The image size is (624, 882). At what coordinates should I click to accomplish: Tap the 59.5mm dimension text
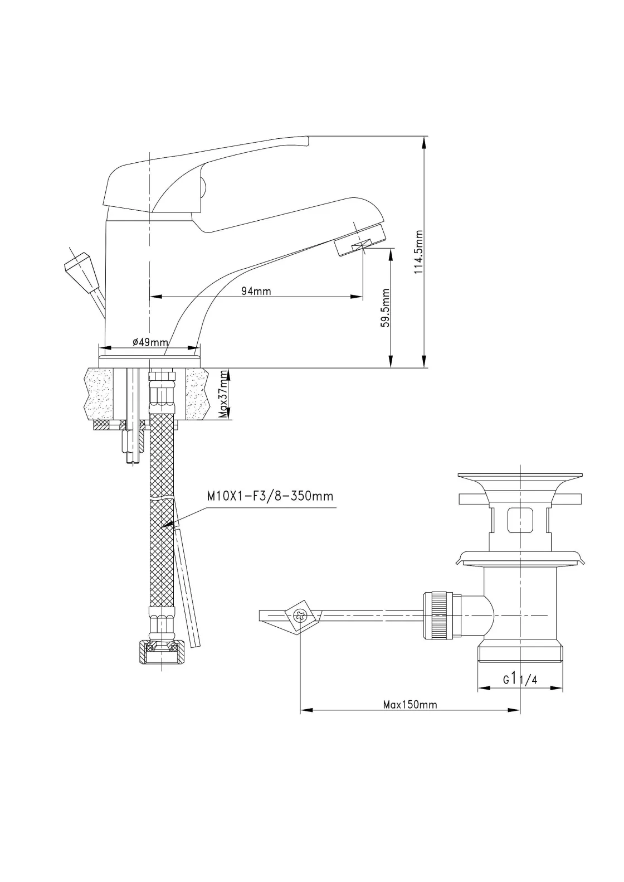[x=385, y=308]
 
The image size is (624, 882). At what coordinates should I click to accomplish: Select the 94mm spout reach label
[x=256, y=291]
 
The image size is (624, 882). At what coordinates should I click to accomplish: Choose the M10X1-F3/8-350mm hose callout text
[x=270, y=496]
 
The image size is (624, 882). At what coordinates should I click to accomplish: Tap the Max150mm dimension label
[x=410, y=704]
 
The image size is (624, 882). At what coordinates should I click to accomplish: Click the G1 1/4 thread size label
[x=519, y=679]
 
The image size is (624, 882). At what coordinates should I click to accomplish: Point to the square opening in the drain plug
[x=519, y=520]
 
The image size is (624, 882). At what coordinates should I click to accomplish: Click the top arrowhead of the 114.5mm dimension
[x=425, y=140]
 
